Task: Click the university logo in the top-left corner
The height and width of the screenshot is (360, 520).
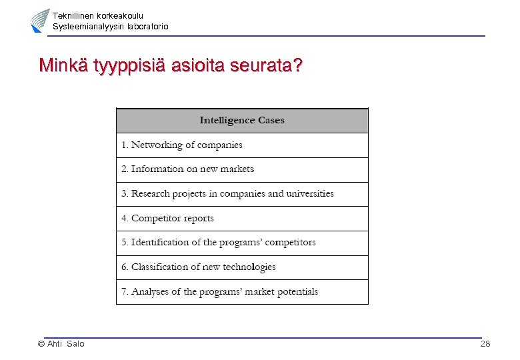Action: pos(40,21)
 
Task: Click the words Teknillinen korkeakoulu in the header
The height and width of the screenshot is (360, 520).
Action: pos(98,15)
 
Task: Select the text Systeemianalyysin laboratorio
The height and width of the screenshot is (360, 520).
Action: pos(111,27)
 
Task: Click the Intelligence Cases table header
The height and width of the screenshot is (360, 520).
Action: pos(242,121)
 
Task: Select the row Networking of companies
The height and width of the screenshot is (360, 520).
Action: pos(181,145)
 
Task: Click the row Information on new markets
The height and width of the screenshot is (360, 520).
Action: pos(187,169)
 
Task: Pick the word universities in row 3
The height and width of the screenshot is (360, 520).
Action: pos(310,194)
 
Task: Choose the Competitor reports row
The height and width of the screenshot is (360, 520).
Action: pos(167,218)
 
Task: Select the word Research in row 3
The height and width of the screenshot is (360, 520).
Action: pos(151,194)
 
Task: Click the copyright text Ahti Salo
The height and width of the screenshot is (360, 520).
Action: pos(61,344)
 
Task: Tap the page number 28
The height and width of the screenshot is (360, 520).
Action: pos(485,344)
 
